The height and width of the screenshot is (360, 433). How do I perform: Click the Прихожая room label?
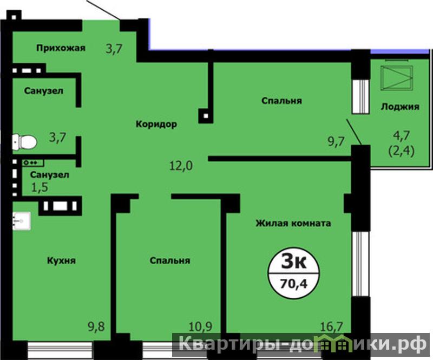point(61,48)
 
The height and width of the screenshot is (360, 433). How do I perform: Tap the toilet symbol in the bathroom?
point(24,142)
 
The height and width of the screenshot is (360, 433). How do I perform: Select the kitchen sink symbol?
point(22,221)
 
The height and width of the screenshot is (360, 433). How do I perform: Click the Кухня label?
point(61,260)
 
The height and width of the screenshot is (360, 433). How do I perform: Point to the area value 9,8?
point(96,326)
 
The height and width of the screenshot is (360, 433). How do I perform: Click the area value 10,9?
point(200,326)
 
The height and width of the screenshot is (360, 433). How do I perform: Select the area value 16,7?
point(331,326)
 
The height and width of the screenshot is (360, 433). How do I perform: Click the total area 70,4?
point(293,284)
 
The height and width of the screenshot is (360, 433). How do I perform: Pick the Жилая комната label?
point(293,223)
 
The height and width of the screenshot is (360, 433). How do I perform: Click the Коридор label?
point(156,125)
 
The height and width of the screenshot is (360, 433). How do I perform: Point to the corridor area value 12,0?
point(181,166)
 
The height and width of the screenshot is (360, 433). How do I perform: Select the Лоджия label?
point(400,107)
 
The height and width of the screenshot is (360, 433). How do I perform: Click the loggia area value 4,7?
point(402,136)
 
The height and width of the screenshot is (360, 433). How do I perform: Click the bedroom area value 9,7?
point(336,141)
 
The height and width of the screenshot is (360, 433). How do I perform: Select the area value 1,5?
point(40,187)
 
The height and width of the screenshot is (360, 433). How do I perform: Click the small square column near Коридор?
point(206,116)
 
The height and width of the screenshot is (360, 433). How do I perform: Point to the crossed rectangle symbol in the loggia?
point(397,78)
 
